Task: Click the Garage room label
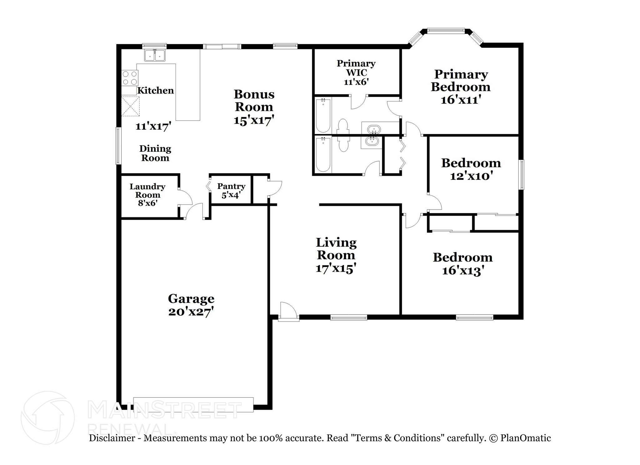point(191,299)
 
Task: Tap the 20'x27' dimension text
point(191,312)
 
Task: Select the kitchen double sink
point(155,56)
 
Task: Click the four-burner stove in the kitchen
point(130,78)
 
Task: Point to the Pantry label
point(231,186)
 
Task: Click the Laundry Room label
point(147,191)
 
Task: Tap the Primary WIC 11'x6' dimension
point(356,82)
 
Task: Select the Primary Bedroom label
point(461,81)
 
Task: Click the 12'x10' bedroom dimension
point(471,176)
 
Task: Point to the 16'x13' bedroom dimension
point(463,270)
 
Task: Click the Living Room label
point(336,249)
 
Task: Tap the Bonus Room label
point(254,100)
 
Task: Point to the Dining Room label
point(155,153)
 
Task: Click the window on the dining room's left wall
point(118,146)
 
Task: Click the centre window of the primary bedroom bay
point(446,30)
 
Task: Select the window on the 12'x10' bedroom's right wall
point(521,175)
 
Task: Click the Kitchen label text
point(155,91)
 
